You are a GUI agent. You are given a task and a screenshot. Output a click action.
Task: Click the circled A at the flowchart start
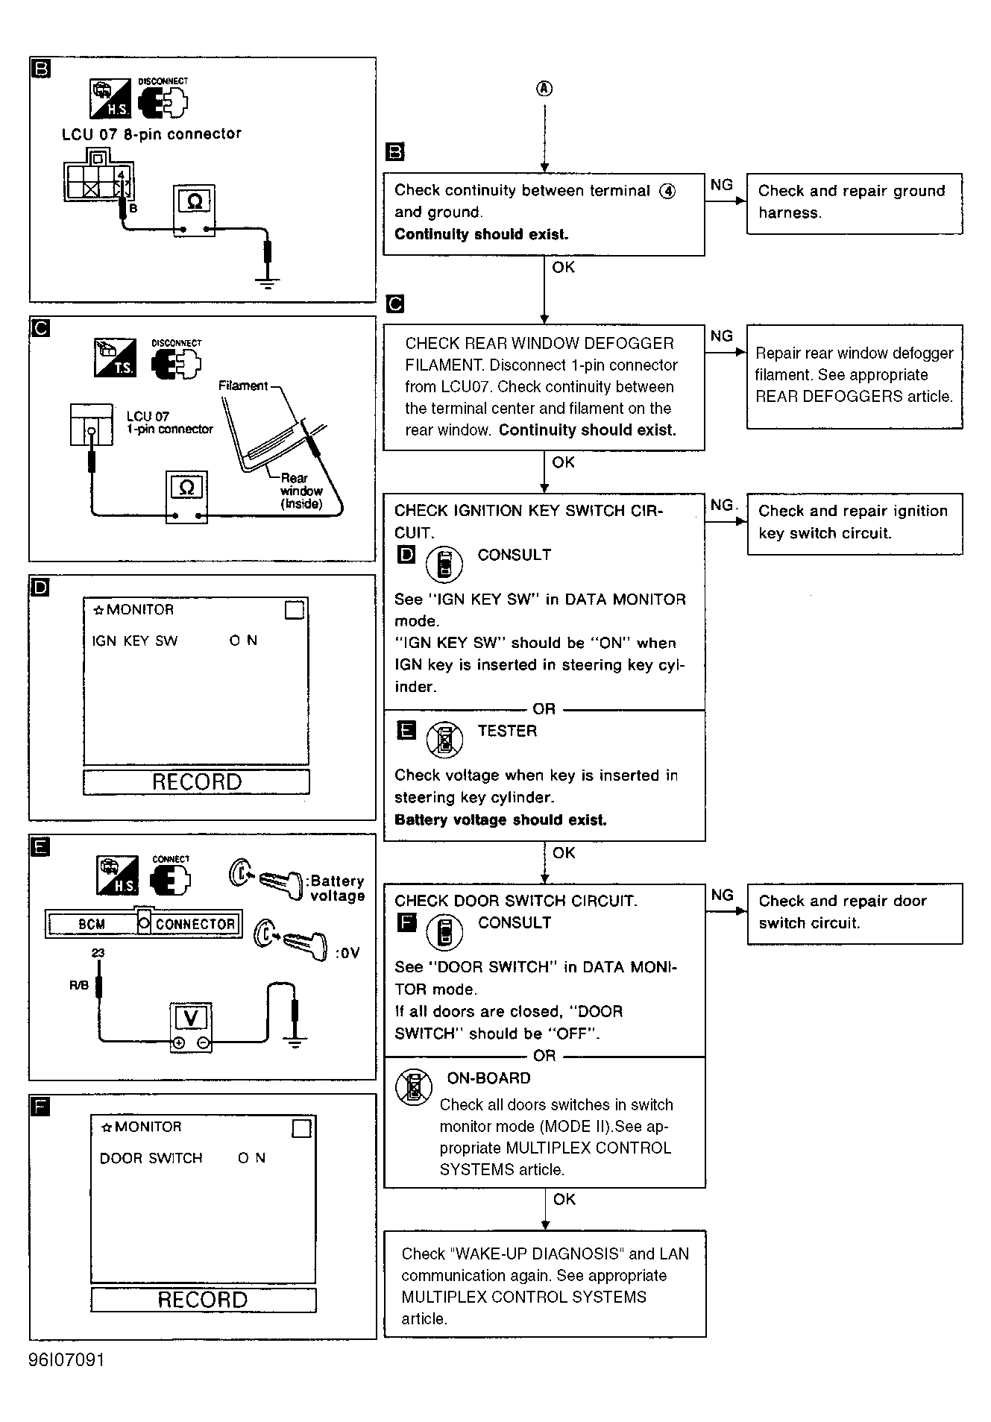[x=544, y=89]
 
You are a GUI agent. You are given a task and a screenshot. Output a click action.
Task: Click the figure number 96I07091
[x=67, y=1359]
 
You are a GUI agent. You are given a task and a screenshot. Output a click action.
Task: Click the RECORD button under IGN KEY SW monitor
[x=196, y=781]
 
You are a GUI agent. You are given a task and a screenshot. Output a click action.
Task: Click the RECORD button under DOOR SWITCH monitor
[x=203, y=1300]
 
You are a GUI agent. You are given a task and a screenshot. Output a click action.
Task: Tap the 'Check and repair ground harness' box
[x=854, y=203]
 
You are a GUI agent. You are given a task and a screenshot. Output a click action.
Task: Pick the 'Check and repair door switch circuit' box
[x=854, y=913]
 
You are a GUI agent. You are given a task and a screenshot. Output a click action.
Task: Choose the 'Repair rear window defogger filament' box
[x=854, y=376]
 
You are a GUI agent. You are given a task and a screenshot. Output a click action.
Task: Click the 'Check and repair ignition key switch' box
[x=854, y=523]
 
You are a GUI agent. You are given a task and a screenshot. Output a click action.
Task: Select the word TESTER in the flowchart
[x=507, y=731]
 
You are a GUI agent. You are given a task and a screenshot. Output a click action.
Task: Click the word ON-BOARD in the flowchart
[x=488, y=1078]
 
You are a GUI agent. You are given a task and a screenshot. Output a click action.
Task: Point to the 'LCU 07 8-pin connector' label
[x=151, y=134]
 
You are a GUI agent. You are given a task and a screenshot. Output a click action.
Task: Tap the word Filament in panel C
[x=242, y=386]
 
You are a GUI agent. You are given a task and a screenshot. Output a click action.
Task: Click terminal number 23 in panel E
[x=98, y=952]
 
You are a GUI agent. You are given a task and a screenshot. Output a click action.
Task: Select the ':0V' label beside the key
[x=347, y=953]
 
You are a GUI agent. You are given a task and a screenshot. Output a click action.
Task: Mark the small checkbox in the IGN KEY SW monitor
[x=295, y=610]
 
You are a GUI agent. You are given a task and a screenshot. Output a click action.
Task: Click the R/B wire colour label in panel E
[x=79, y=986]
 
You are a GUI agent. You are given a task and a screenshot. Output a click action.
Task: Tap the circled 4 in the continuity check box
[x=667, y=191]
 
